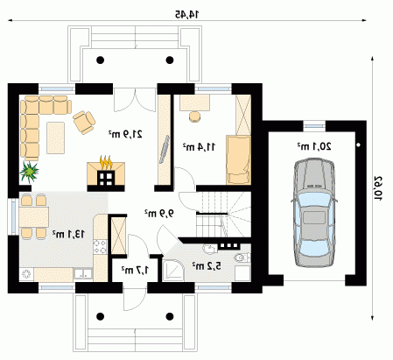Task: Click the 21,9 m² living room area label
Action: point(125,134)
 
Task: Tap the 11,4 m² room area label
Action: point(199,147)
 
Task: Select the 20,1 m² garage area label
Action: point(314,146)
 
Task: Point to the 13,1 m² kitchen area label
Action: point(69,234)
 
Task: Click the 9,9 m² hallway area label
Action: point(159,214)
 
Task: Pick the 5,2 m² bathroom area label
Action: point(207,265)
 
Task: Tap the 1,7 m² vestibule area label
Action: point(135,270)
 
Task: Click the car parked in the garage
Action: point(314,213)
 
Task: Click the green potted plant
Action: point(29,172)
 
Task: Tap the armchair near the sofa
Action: point(84,123)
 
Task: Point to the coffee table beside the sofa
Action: point(55,138)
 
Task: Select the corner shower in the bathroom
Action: point(173,271)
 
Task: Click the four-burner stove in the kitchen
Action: point(101,246)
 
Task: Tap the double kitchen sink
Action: point(83,274)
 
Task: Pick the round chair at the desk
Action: point(194,116)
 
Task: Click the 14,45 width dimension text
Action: point(186,14)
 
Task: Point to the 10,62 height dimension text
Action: point(378,188)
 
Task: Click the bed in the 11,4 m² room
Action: point(239,160)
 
